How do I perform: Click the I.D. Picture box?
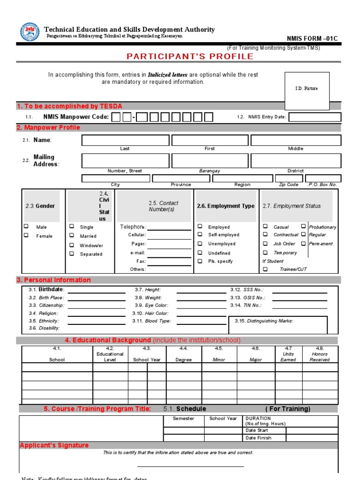[306, 88]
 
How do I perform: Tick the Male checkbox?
[26, 226]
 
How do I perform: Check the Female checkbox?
[26, 235]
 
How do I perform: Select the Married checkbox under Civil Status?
[72, 236]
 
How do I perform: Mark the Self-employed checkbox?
[200, 234]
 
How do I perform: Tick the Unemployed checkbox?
[200, 244]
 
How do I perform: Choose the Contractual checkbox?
[265, 234]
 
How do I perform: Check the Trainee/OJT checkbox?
[265, 269]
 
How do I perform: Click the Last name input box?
[125, 140]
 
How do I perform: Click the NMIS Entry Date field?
[315, 117]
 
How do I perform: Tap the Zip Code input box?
[289, 178]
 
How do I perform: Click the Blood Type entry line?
[201, 322]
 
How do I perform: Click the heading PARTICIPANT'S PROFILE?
[190, 57]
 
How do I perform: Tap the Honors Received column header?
[320, 357]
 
